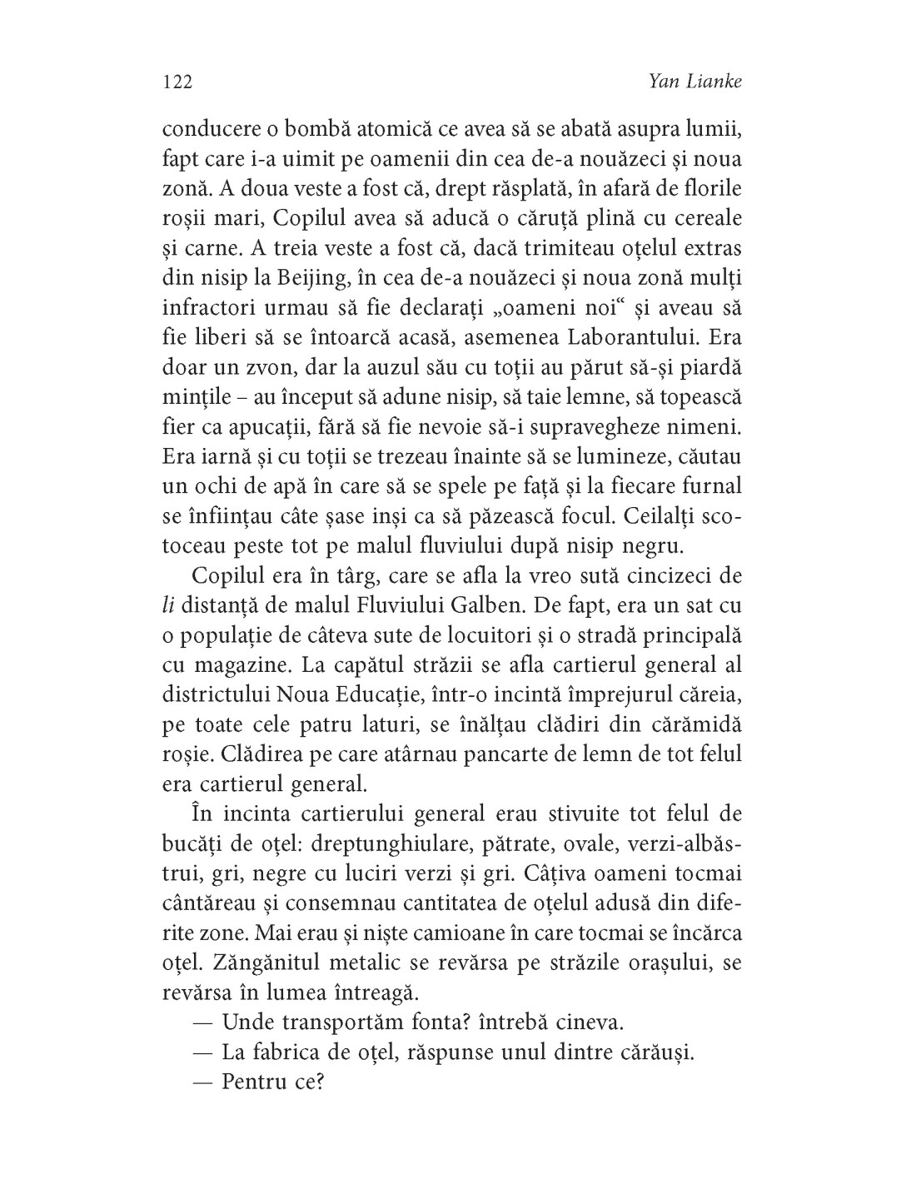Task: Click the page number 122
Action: pyautogui.click(x=177, y=82)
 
